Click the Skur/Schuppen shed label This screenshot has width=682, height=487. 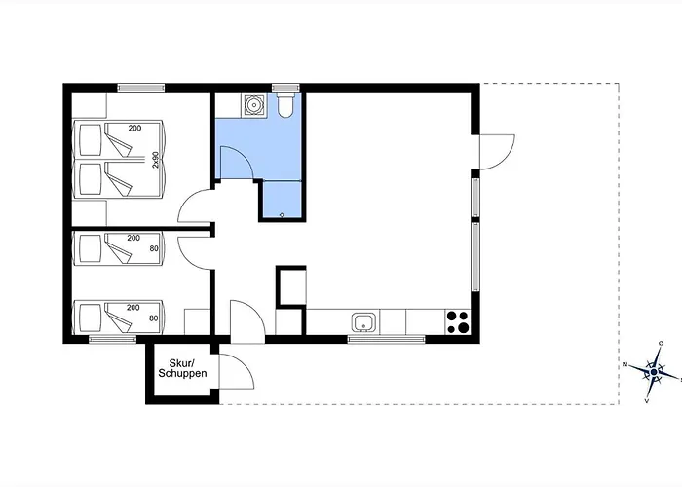tap(182, 368)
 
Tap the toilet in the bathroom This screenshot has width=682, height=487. tap(285, 104)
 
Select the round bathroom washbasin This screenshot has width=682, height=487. tap(252, 105)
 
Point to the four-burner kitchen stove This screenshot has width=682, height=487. tap(458, 322)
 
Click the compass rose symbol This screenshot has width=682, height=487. tap(654, 372)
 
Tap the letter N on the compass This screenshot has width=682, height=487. tap(625, 364)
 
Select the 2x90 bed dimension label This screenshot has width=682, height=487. tap(155, 160)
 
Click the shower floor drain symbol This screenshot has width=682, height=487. tap(282, 215)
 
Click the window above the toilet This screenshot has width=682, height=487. tap(284, 88)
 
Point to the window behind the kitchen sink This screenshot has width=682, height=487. tap(386, 339)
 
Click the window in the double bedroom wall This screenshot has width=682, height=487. tap(141, 88)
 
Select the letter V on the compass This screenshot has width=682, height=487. tap(647, 400)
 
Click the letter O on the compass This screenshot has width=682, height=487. tap(662, 344)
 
